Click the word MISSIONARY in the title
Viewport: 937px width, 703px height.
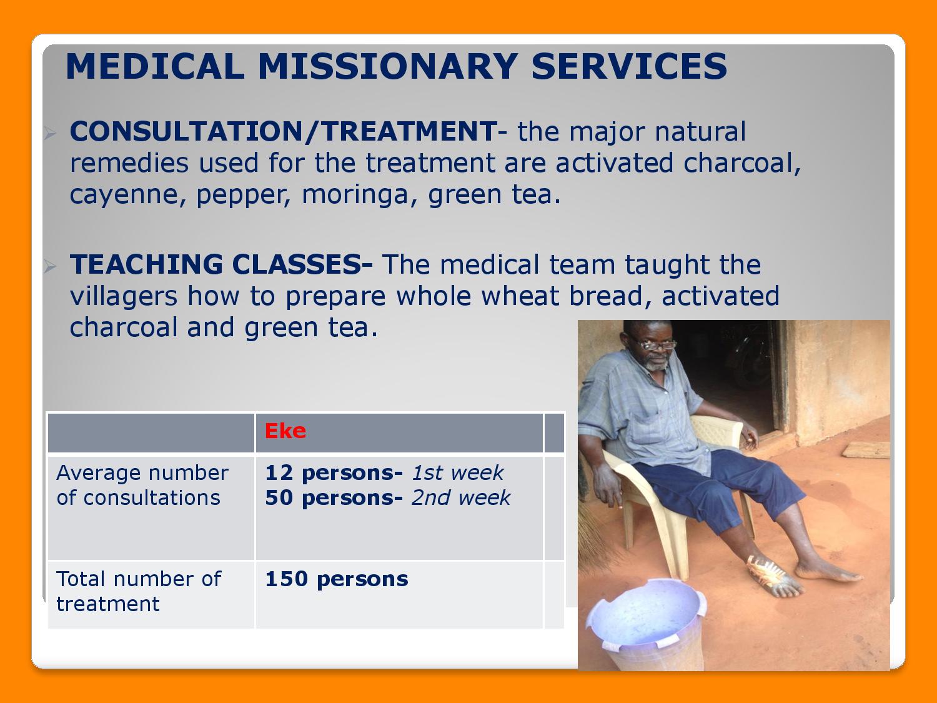[x=388, y=66]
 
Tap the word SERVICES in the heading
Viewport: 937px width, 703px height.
[x=629, y=66]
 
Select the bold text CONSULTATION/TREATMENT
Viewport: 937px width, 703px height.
[x=284, y=131]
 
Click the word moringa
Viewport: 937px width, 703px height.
[x=355, y=195]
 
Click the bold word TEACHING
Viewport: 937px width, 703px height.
[x=146, y=264]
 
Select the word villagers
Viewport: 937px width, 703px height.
[x=123, y=297]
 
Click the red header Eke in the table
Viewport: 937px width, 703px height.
[x=285, y=431]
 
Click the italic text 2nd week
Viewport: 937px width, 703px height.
[x=460, y=497]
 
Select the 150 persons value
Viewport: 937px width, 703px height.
[x=336, y=579]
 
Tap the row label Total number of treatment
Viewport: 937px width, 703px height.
[x=139, y=591]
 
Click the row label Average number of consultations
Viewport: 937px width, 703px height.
[x=142, y=486]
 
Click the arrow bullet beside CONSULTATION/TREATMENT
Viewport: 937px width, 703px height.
[x=50, y=133]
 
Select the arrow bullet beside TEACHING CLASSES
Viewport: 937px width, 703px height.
[x=50, y=266]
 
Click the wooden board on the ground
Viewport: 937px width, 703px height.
[x=866, y=451]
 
